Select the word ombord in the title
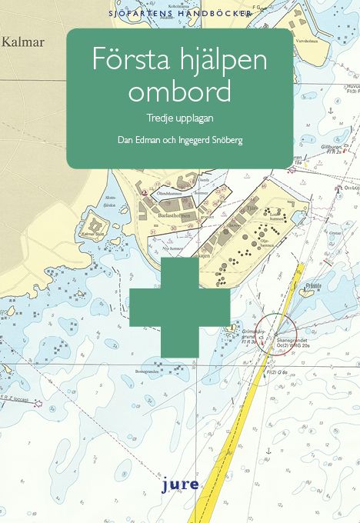point(179,92)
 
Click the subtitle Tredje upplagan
point(179,119)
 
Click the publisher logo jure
point(179,485)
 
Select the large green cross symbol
point(179,308)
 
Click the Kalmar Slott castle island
point(92,235)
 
